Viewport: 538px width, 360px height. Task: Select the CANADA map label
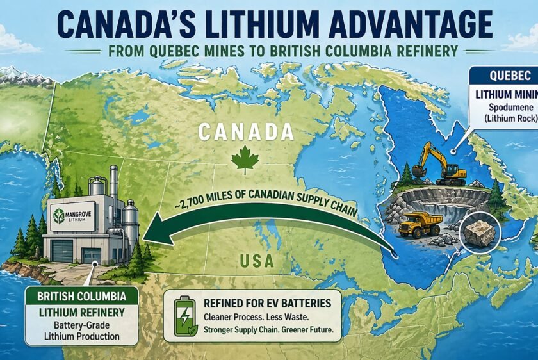(245, 132)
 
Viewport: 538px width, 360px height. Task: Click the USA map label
(258, 261)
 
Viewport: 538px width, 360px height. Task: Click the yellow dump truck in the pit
(420, 223)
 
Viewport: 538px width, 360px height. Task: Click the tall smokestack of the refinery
(113, 186)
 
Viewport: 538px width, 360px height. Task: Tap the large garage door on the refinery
(62, 249)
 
